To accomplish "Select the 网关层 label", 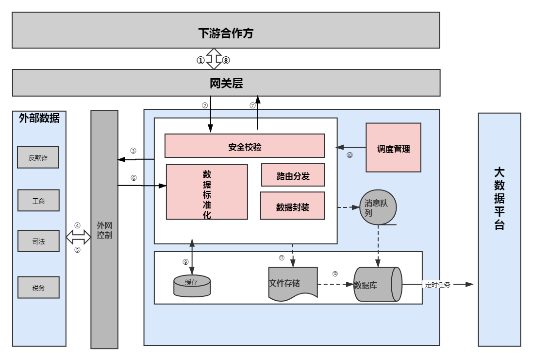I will coord(226,83).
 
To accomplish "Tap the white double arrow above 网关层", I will coord(214,59).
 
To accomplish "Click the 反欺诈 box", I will coord(38,157).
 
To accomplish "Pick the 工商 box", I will coord(38,201).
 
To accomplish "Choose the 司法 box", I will coord(38,241).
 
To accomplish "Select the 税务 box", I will coord(38,287).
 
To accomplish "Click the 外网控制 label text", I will coord(104,230).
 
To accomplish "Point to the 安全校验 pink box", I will coord(245,146).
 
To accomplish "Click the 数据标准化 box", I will coord(207,192).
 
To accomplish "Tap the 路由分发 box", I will coord(293,175).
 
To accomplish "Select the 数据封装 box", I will coord(292,206).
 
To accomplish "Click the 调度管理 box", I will coord(393,148).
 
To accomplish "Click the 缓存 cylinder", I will coord(192,285).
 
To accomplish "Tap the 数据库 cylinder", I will coord(377,284).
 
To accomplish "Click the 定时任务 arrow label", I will coord(438,285).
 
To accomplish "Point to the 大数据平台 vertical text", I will coord(499,199).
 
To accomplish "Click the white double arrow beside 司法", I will coord(78,237).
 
